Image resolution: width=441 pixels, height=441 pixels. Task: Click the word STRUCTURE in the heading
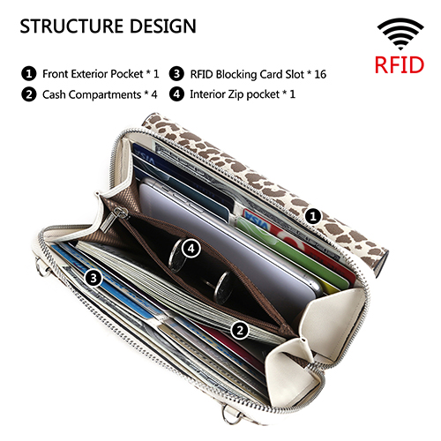71,26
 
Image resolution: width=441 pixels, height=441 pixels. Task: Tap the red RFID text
400,64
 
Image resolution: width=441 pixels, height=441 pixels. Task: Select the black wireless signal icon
400,34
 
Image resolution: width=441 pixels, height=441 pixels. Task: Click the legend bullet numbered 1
29,73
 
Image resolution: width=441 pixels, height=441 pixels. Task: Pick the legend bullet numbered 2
29,94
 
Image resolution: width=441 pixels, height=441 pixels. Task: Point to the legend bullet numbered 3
176,73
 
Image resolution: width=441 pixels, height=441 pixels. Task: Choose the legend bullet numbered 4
176,94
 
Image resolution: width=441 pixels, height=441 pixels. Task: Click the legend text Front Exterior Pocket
93,74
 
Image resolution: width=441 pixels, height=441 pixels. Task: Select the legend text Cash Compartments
92,94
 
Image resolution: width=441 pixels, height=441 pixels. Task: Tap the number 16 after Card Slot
320,74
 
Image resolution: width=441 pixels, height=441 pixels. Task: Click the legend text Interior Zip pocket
235,94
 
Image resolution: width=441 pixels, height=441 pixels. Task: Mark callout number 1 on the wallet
313,217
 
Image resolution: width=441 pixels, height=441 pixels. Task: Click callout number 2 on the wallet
240,331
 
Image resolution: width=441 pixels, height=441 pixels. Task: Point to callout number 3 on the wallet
93,278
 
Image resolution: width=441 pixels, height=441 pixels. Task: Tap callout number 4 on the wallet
191,249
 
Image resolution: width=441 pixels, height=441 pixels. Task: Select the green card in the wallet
294,253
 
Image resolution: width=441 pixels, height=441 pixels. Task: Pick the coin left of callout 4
176,255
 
